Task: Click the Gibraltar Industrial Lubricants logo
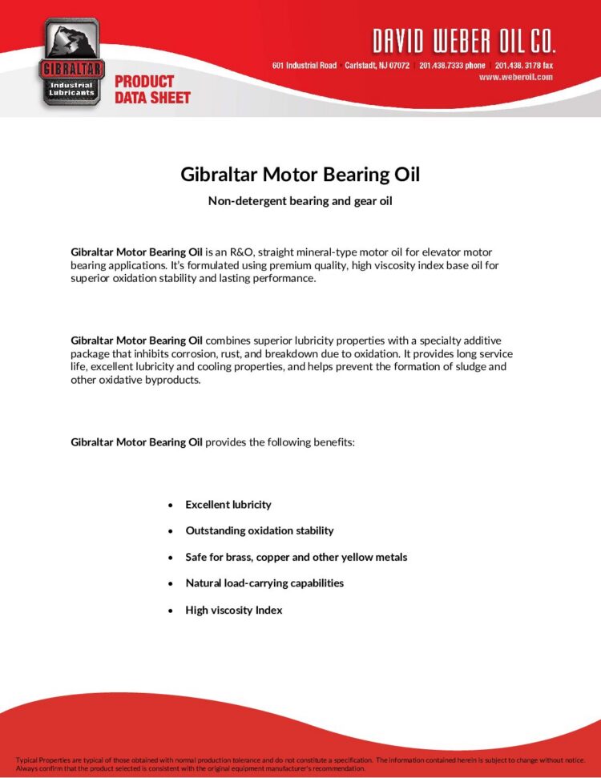pos(71,62)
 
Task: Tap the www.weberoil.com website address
pos(516,77)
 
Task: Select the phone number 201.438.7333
pos(452,65)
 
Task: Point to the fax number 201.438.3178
pos(524,65)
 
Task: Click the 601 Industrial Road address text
pos(305,65)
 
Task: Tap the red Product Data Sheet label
pos(152,89)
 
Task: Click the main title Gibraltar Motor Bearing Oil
pos(300,174)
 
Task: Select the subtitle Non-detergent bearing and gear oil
pos(300,200)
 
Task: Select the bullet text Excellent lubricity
pos(228,505)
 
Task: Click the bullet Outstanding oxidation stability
pos(260,530)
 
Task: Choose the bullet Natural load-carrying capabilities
pos(264,583)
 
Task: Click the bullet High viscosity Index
pos(234,610)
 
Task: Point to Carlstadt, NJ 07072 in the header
pos(377,65)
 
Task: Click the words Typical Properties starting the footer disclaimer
pos(46,760)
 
